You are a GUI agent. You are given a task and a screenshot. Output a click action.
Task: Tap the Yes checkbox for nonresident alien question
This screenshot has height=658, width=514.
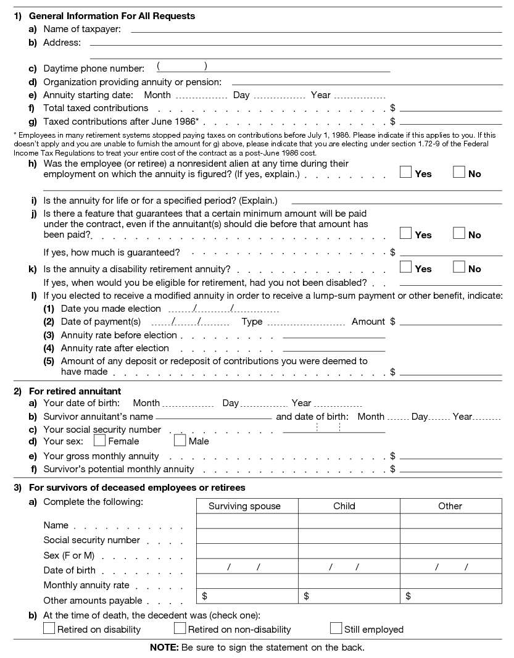click(405, 173)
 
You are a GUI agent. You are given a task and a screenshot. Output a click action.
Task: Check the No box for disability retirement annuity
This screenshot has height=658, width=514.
click(458, 267)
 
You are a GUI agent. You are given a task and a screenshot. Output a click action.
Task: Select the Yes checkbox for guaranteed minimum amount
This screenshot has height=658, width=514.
click(405, 233)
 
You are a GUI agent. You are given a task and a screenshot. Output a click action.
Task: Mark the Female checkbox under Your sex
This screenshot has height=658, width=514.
click(99, 441)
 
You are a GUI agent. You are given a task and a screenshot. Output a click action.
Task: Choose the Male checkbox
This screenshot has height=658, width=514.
click(180, 441)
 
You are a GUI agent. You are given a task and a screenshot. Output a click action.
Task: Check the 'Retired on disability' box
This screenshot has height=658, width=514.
click(49, 628)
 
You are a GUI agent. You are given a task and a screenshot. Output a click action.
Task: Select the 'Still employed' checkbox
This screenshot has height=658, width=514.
click(336, 628)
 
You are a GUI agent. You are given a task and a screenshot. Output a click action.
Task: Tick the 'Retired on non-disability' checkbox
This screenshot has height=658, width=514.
click(180, 628)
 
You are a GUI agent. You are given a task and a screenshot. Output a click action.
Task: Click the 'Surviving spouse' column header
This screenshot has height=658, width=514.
click(244, 506)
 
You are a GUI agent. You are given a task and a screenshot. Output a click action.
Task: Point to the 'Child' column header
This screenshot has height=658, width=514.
click(344, 506)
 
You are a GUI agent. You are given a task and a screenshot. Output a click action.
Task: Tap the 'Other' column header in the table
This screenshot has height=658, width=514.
click(450, 506)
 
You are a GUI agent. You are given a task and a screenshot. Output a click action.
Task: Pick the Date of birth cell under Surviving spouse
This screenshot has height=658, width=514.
click(247, 567)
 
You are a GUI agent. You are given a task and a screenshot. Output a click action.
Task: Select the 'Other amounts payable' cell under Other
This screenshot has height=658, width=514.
click(450, 596)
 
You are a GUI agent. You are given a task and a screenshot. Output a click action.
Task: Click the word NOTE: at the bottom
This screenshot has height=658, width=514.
click(164, 648)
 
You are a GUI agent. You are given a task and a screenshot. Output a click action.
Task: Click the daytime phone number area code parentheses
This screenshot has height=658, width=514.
click(182, 67)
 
